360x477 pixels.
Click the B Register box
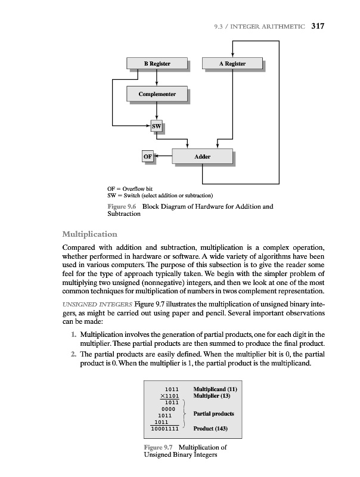pyautogui.click(x=157, y=64)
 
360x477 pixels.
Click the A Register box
pyautogui.click(x=232, y=64)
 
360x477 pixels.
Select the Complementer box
pyautogui.click(x=157, y=94)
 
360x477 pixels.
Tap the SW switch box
pyautogui.click(x=156, y=126)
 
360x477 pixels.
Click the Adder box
pyautogui.click(x=203, y=157)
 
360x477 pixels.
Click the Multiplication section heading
pyautogui.click(x=89, y=233)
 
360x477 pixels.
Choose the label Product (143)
pyautogui.click(x=211, y=428)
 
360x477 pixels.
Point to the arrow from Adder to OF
pyautogui.click(x=163, y=157)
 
